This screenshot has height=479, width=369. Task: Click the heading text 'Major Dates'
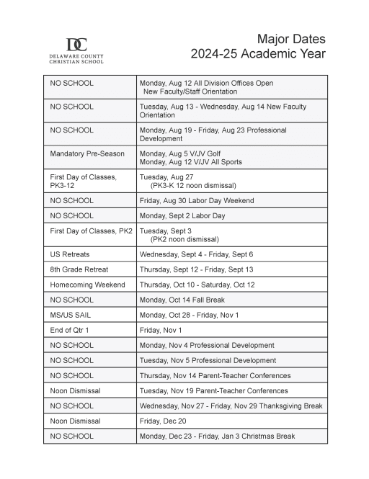click(291, 39)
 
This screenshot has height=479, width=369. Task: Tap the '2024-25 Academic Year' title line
click(258, 54)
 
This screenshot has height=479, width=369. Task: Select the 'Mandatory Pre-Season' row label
click(87, 153)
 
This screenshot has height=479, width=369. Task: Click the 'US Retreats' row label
click(69, 254)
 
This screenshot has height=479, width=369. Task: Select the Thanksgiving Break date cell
click(231, 406)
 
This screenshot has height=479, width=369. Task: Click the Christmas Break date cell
click(217, 436)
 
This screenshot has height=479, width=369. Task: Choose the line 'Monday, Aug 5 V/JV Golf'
click(181, 153)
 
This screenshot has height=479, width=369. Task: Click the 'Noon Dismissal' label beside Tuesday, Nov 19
click(75, 390)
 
